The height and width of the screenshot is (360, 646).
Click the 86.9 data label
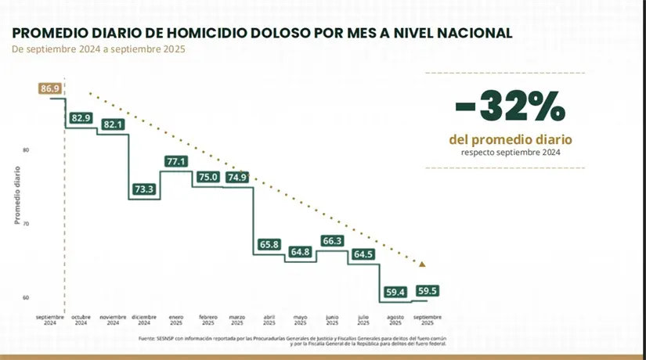[x=50, y=88]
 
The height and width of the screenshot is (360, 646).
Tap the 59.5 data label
[x=428, y=290]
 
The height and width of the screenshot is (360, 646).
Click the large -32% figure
[x=509, y=108]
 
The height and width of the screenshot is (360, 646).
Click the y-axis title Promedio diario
[x=17, y=195]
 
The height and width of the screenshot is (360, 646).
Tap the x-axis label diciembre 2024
[x=144, y=320]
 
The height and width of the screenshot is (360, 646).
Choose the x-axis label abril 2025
[x=269, y=320]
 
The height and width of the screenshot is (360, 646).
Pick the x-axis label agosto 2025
[x=395, y=320]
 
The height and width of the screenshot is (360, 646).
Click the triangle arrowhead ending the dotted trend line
[x=424, y=264]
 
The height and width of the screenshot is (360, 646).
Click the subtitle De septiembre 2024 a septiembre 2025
[x=99, y=49]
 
